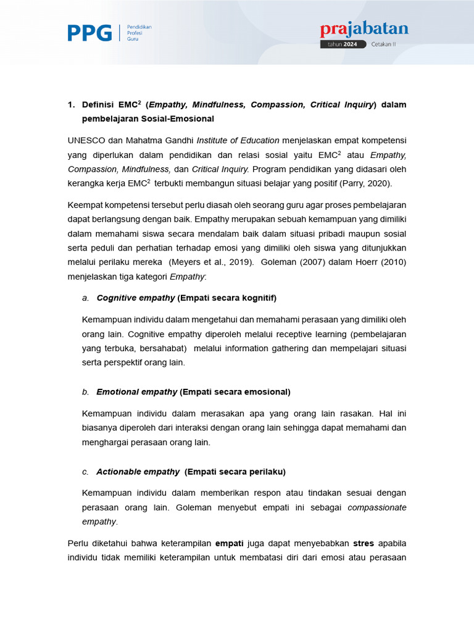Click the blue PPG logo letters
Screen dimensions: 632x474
pos(89,32)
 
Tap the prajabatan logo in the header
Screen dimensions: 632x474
pos(364,30)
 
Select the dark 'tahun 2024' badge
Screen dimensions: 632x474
pos(343,44)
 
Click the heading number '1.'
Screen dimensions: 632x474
pos(71,105)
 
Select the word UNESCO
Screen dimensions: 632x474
pos(86,140)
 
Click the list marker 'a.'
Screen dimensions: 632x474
pos(86,298)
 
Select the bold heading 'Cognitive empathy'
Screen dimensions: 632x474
pos(136,298)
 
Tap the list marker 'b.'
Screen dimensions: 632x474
pos(86,392)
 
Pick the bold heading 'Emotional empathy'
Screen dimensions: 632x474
pos(137,392)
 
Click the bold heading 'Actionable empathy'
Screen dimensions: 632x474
pos(138,472)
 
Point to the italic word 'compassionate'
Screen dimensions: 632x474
pos(377,507)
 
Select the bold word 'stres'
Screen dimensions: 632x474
pos(364,543)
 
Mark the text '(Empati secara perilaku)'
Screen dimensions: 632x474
pos(235,472)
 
